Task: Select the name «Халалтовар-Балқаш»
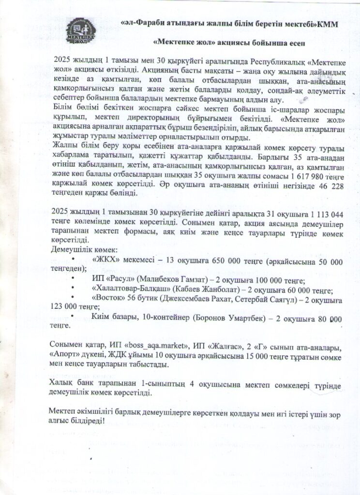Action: click(129, 291)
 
